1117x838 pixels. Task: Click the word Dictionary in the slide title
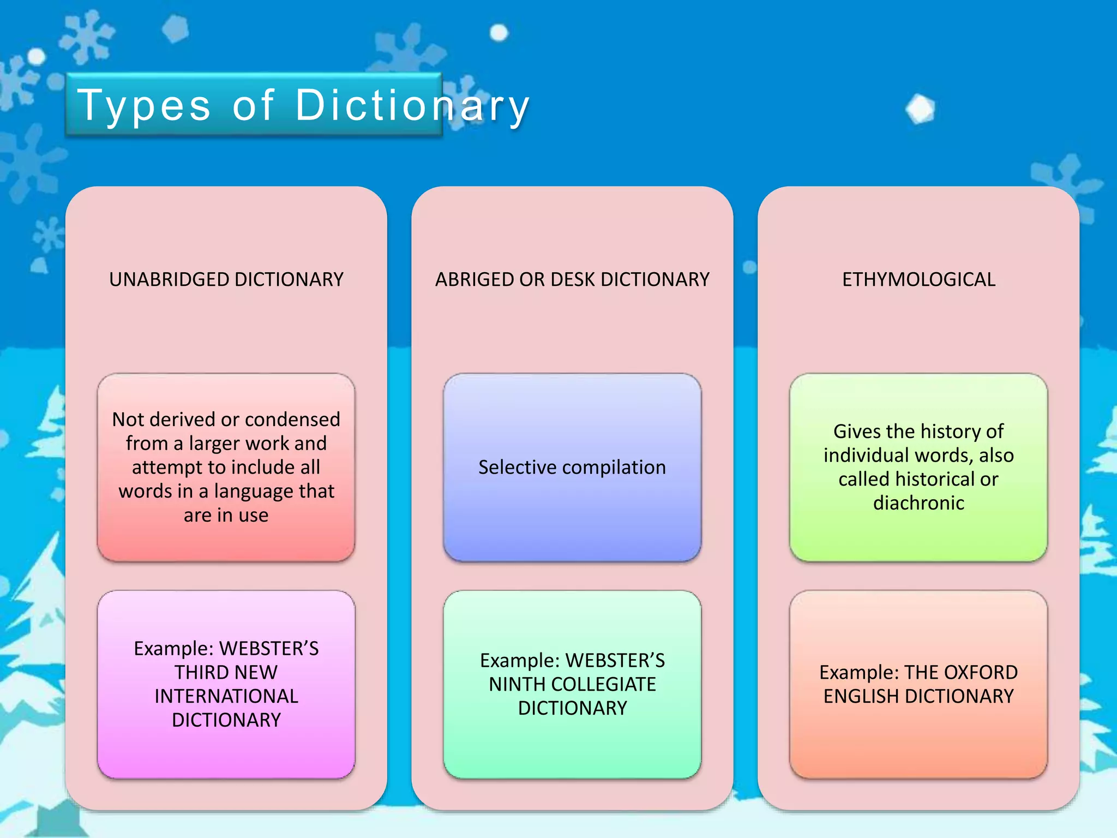[412, 105]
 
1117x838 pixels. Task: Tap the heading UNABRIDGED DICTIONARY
[226, 279]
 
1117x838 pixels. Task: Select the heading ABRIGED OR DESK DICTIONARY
[572, 279]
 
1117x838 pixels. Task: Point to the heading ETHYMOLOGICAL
[918, 279]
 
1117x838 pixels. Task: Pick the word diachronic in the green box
[918, 503]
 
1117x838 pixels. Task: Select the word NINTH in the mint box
[512, 684]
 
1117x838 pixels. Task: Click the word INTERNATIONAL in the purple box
[226, 696]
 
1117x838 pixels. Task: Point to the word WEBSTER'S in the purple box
[269, 648]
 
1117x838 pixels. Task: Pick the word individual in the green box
[866, 456]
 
